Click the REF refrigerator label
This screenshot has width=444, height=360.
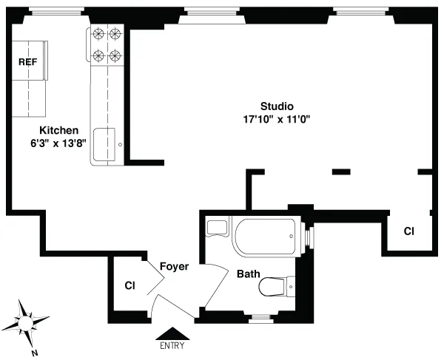(28, 62)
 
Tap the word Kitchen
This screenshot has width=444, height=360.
(58, 130)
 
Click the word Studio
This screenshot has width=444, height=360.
(277, 106)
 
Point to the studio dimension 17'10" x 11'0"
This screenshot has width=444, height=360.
(276, 118)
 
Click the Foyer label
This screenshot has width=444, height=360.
(175, 267)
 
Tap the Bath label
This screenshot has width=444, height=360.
(248, 274)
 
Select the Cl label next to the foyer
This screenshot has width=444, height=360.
(129, 285)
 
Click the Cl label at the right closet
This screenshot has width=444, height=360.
(408, 231)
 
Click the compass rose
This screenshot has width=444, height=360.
(27, 322)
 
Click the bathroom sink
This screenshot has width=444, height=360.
(217, 228)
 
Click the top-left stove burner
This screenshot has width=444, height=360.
(98, 34)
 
